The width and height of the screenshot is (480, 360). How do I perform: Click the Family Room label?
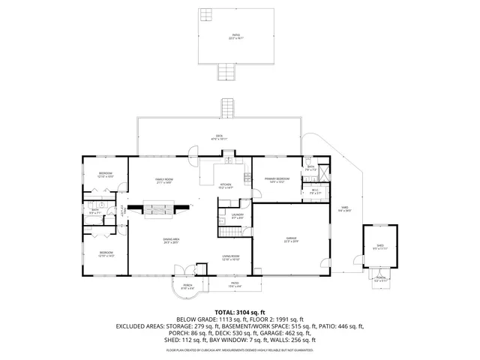tap(163, 181)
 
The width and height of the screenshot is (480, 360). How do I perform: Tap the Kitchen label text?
tap(226, 186)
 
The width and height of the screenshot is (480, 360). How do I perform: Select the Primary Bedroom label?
tap(277, 180)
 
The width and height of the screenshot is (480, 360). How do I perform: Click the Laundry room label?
tap(237, 217)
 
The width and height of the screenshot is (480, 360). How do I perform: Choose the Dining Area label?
tap(172, 241)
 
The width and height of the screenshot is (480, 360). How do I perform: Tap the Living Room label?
tap(230, 258)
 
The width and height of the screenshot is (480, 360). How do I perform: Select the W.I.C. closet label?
tap(316, 191)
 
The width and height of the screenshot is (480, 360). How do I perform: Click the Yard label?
tap(344, 209)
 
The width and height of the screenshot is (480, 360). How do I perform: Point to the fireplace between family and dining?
tap(160, 210)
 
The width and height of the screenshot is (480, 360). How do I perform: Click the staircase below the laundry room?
tap(229, 235)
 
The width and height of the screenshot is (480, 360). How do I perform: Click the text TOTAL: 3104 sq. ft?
tap(239, 311)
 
